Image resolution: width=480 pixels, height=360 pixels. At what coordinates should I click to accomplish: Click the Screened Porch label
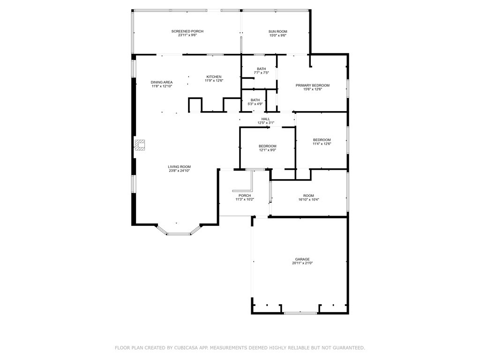click(x=187, y=31)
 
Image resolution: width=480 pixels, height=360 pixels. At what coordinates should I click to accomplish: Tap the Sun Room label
click(x=277, y=31)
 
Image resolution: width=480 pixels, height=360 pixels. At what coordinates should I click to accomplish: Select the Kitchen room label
click(x=214, y=77)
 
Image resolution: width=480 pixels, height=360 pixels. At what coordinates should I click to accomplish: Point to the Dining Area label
click(x=162, y=82)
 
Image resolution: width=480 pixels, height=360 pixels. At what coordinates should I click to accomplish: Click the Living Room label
click(x=180, y=167)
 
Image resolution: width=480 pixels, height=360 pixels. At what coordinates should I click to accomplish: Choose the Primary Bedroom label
click(x=313, y=85)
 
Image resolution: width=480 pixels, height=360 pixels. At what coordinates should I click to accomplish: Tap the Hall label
click(x=266, y=119)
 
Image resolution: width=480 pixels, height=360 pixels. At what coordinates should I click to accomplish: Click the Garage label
click(x=302, y=259)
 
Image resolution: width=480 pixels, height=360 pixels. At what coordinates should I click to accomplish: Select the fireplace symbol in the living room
click(x=140, y=145)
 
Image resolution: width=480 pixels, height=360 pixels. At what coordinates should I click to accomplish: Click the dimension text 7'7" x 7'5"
click(x=262, y=73)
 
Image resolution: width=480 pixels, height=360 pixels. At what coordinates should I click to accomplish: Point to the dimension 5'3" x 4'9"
click(x=255, y=104)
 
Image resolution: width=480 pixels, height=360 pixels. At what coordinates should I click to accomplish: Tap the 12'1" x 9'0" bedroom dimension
click(x=268, y=150)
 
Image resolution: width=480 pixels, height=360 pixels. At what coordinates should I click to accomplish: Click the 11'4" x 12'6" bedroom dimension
click(x=322, y=144)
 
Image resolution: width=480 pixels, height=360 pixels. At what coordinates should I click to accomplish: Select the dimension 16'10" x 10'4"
click(x=308, y=200)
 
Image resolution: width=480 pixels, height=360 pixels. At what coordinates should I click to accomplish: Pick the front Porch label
click(x=245, y=195)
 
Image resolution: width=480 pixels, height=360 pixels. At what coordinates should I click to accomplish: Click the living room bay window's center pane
click(x=179, y=234)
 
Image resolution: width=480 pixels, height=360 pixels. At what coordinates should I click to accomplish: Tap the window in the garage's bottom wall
click(x=300, y=313)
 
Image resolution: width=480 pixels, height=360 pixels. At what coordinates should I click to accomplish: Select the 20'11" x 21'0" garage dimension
click(x=302, y=263)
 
